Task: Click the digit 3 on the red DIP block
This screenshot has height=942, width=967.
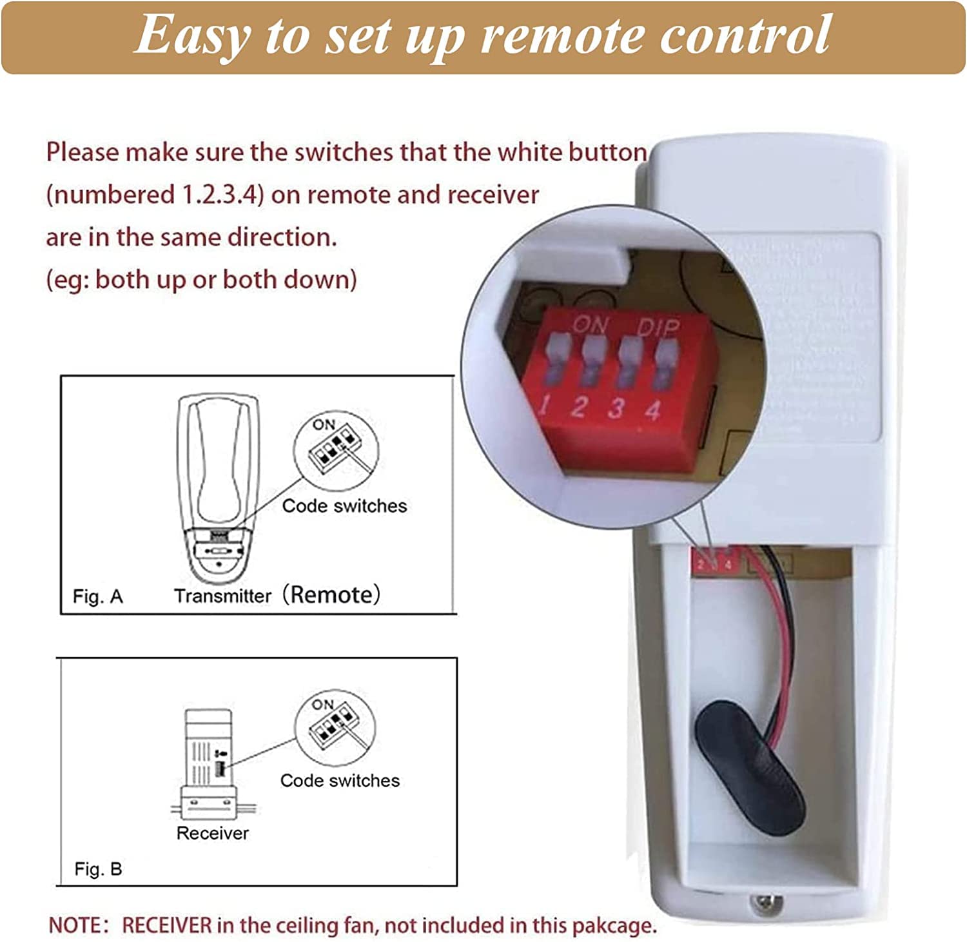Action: [617, 407]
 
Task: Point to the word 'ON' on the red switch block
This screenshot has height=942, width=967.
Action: [590, 324]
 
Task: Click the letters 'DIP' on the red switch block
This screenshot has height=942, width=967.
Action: [658, 328]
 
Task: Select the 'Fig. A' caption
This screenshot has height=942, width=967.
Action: [97, 596]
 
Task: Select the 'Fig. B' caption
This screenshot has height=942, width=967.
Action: [98, 869]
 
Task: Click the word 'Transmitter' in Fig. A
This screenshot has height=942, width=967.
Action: [222, 596]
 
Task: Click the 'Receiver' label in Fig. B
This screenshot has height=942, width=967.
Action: [212, 833]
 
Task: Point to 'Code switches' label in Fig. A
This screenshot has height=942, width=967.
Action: [344, 505]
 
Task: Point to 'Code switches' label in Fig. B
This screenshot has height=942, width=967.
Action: [340, 780]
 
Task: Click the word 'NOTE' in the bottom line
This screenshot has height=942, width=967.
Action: [75, 925]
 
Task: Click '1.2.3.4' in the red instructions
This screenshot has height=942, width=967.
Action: [220, 195]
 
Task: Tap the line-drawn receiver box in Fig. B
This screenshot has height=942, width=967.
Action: [208, 761]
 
